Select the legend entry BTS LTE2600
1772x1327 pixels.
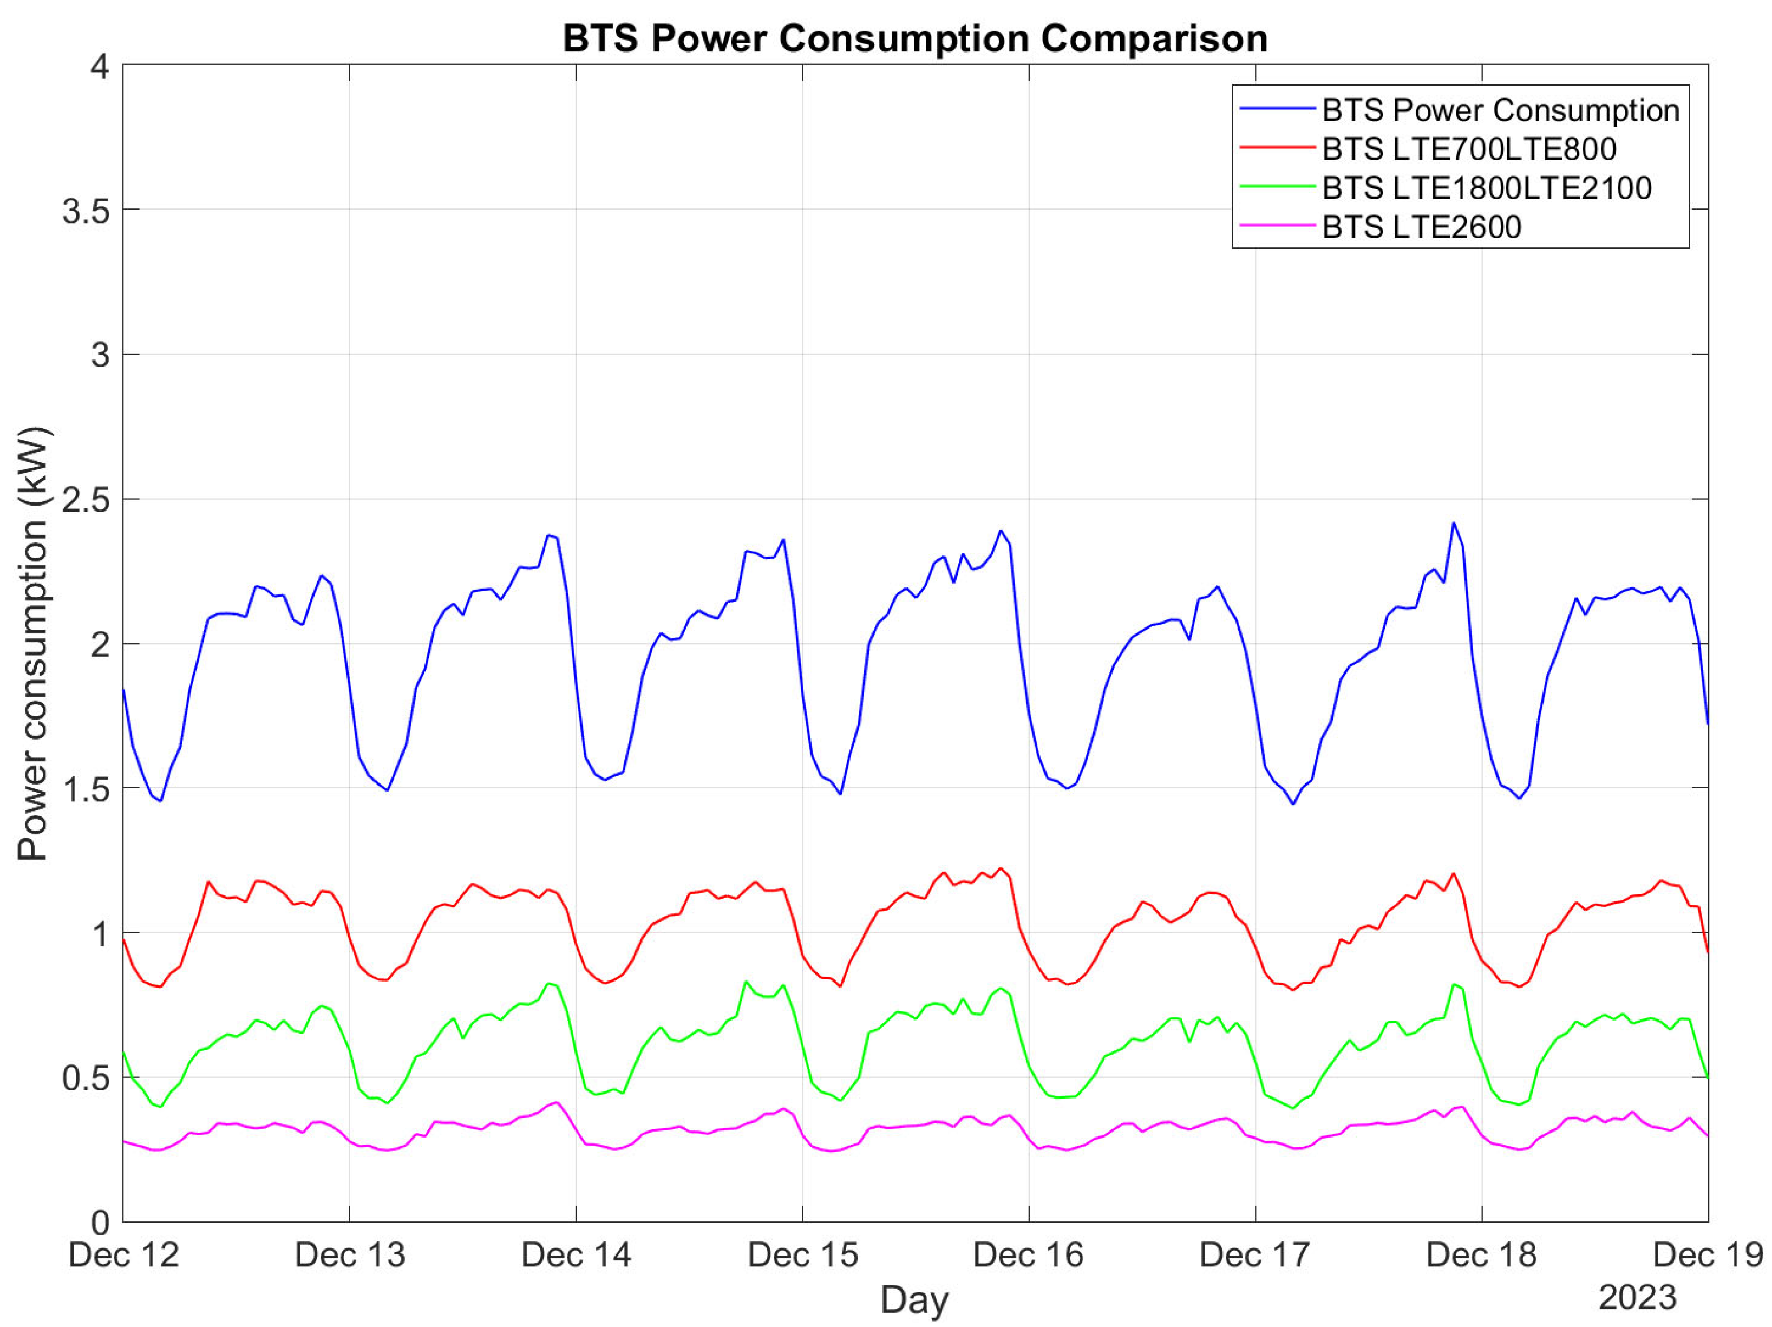1421,227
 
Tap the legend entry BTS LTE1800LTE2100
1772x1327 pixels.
1486,187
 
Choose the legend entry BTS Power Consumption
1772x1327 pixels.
1500,110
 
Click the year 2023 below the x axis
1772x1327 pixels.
1637,1297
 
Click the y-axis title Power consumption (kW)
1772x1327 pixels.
33,643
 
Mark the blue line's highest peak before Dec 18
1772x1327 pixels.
1453,523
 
